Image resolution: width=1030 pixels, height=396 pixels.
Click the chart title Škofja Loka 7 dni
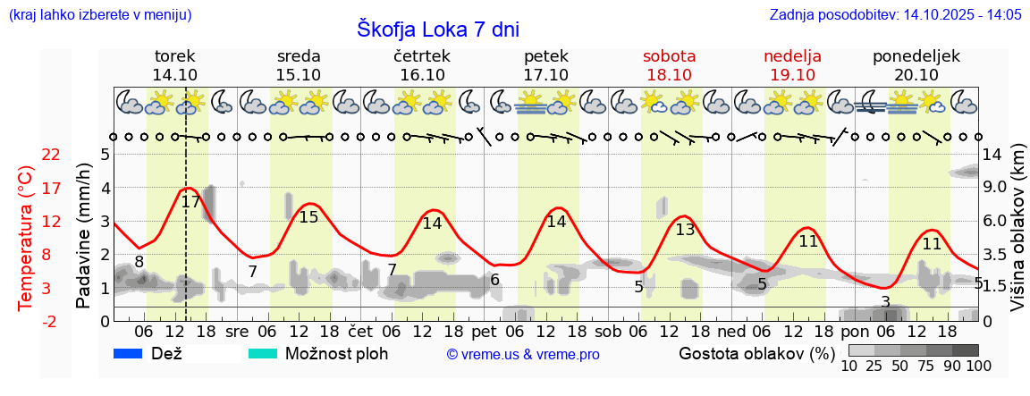(x=437, y=29)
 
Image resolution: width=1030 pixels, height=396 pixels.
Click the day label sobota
(x=669, y=56)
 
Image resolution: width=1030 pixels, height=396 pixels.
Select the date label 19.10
(x=792, y=75)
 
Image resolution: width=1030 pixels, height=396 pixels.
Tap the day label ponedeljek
(x=916, y=56)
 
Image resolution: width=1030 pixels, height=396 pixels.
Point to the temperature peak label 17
(x=190, y=202)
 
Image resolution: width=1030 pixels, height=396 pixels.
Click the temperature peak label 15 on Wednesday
(x=308, y=217)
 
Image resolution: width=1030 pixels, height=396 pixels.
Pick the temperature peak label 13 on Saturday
(x=685, y=230)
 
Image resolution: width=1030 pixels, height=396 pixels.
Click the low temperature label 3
(x=885, y=302)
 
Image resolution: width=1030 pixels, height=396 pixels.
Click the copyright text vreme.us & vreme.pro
(x=523, y=355)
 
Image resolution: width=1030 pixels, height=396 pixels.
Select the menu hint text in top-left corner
(x=99, y=14)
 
